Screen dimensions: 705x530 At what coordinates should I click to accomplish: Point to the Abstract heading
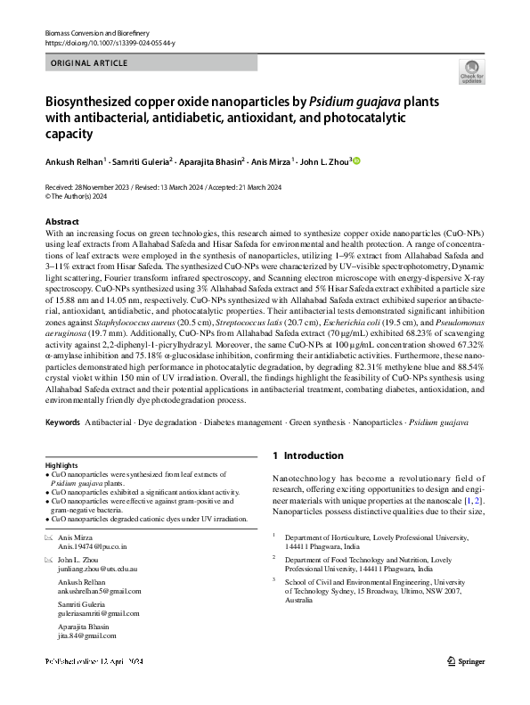click(x=61, y=220)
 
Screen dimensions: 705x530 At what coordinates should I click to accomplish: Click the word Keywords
click(x=62, y=421)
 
